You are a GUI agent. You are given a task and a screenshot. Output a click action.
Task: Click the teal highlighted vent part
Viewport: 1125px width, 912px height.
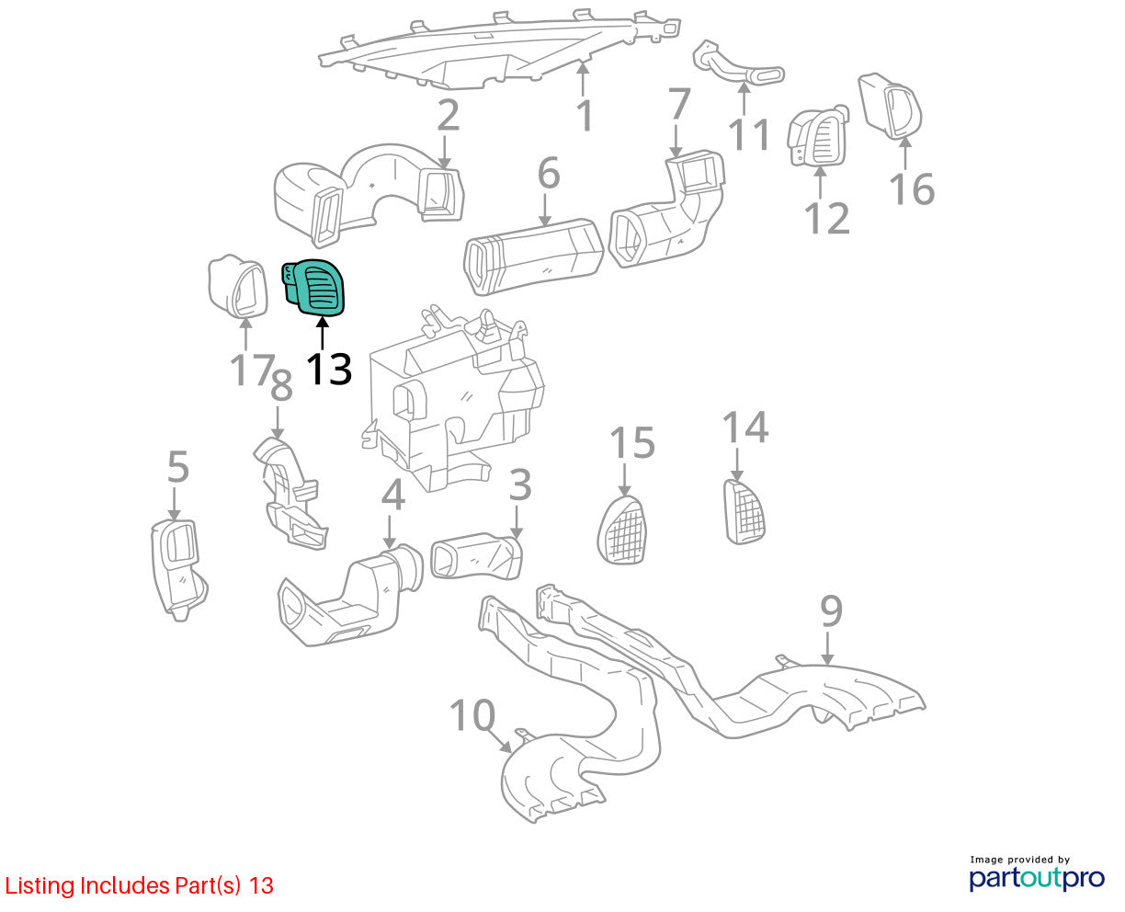pyautogui.click(x=314, y=288)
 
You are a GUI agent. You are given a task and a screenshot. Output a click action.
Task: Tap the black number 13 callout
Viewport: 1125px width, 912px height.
pyautogui.click(x=328, y=369)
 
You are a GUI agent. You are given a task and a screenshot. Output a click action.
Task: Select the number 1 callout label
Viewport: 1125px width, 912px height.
pyautogui.click(x=585, y=115)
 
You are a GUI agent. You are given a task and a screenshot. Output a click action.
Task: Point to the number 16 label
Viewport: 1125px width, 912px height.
pyautogui.click(x=912, y=188)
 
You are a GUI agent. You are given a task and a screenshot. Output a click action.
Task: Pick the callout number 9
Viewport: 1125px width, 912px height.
pyautogui.click(x=831, y=610)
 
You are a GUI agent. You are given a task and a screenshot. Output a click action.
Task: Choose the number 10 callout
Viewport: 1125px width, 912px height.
pyautogui.click(x=472, y=715)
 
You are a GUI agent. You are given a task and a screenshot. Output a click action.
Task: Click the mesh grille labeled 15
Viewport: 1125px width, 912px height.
pyautogui.click(x=622, y=530)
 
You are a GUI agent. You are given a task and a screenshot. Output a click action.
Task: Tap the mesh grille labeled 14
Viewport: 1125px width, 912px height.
pyautogui.click(x=744, y=511)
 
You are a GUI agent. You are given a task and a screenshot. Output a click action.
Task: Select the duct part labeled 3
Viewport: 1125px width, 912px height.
pyautogui.click(x=476, y=557)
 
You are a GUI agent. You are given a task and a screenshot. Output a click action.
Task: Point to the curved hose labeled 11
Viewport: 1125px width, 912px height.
pyautogui.click(x=738, y=63)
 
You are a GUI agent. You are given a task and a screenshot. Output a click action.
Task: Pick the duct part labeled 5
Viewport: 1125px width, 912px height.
pyautogui.click(x=177, y=568)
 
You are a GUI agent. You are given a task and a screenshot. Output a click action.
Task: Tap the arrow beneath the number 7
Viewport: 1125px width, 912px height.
pyautogui.click(x=676, y=141)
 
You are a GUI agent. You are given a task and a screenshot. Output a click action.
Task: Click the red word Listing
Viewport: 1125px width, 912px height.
pyautogui.click(x=40, y=886)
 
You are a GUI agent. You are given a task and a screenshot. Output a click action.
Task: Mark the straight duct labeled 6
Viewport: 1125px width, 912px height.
pyautogui.click(x=533, y=256)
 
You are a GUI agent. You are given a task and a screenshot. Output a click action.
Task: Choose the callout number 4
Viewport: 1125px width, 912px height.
pyautogui.click(x=393, y=496)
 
